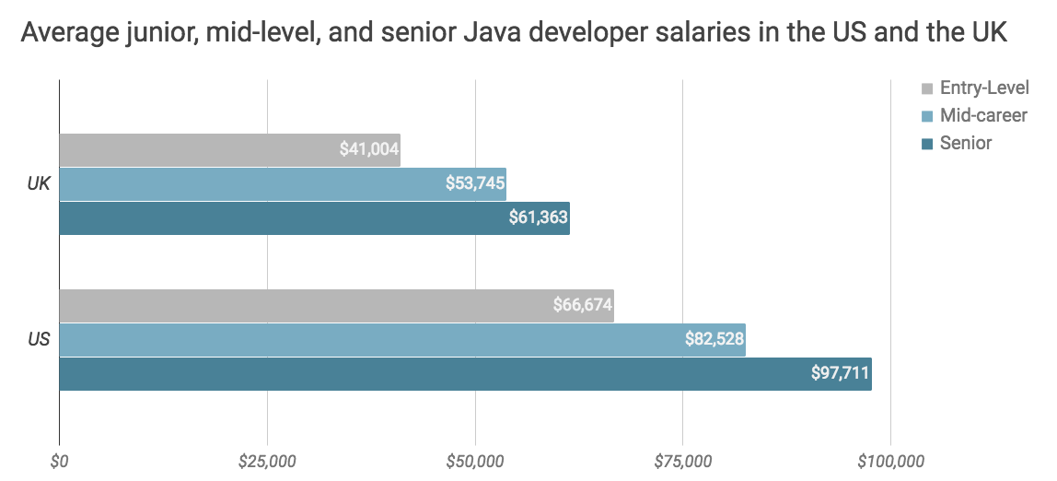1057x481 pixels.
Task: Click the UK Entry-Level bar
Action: click(x=229, y=149)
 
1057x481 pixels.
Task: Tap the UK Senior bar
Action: click(x=314, y=218)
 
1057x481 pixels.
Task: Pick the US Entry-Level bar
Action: click(x=336, y=305)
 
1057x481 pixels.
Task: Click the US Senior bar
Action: click(x=465, y=374)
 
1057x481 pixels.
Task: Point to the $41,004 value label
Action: click(x=368, y=149)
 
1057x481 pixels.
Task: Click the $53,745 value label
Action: click(x=474, y=183)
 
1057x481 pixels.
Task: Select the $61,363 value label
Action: click(x=538, y=218)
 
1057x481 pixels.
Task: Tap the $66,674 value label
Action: click(x=582, y=305)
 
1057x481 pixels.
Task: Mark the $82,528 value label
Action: click(x=714, y=339)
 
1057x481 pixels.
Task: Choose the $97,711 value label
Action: click(x=840, y=374)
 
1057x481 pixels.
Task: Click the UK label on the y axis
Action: click(x=38, y=184)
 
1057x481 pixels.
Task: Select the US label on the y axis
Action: click(x=38, y=340)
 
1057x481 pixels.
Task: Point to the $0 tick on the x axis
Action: click(x=60, y=460)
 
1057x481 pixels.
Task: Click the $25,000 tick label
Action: click(x=267, y=460)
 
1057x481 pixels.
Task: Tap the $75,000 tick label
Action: click(x=682, y=460)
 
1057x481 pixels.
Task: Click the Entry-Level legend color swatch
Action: click(x=927, y=89)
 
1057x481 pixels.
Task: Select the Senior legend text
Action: click(x=966, y=143)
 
